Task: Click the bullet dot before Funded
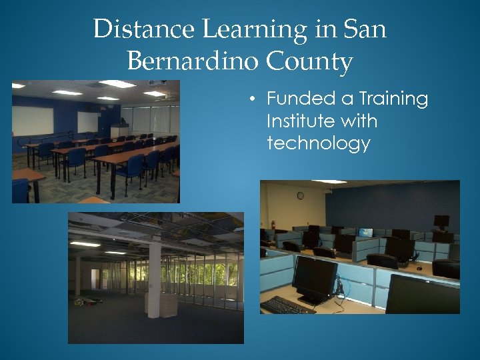click(253, 100)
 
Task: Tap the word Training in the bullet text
click(393, 99)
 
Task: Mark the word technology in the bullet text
click(318, 143)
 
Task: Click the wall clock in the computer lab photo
click(300, 195)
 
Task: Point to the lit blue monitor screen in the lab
click(365, 233)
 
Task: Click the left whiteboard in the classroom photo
click(33, 121)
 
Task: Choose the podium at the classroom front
click(119, 131)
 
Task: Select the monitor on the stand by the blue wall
click(441, 221)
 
